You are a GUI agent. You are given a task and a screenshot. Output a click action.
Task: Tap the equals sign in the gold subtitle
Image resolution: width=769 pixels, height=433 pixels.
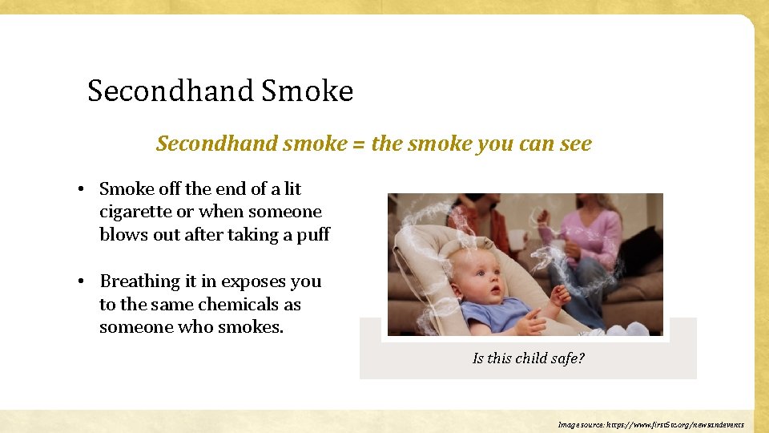(357, 144)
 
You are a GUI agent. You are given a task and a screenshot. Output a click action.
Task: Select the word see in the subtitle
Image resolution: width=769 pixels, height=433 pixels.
(575, 144)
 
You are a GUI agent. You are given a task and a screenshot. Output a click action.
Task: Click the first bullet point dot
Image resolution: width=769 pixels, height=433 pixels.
(83, 189)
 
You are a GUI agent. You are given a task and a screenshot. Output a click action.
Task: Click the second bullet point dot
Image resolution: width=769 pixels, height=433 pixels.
(83, 282)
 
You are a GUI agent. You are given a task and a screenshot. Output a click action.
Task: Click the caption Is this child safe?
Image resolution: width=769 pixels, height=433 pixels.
(528, 358)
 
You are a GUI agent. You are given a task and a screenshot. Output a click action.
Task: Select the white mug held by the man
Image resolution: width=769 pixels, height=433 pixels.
(515, 239)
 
